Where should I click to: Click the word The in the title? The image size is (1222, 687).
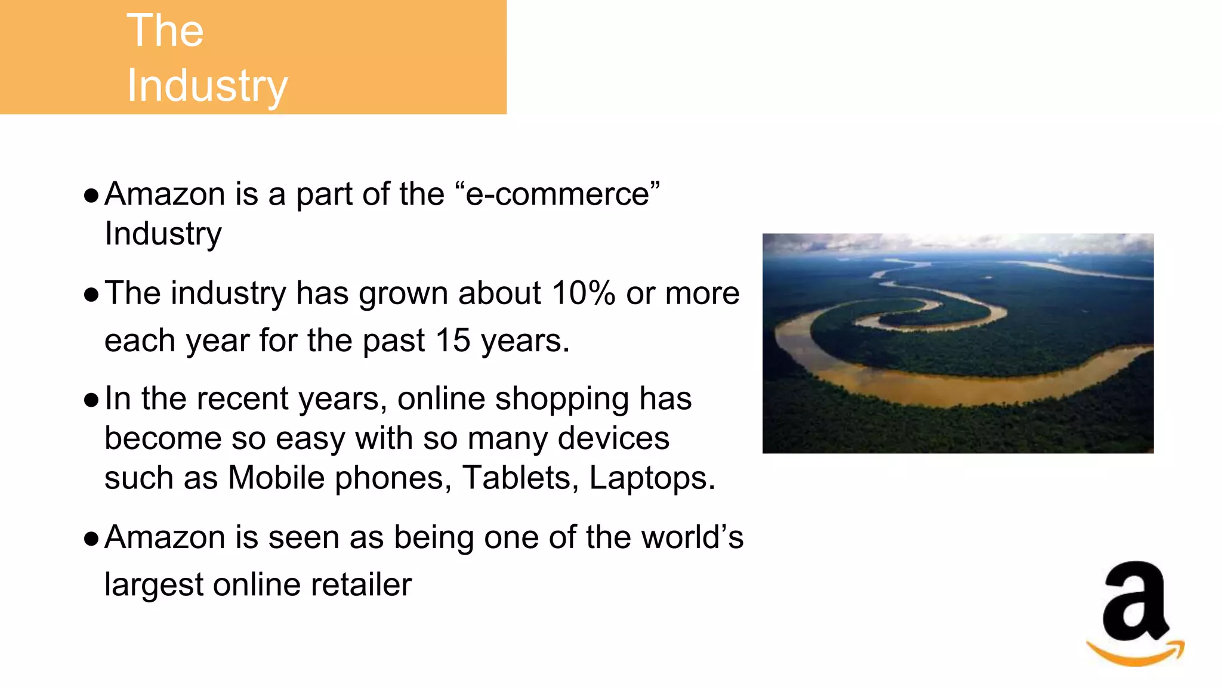(165, 30)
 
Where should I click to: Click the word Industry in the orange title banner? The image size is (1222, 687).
(207, 86)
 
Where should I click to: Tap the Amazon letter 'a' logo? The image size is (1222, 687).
(1134, 602)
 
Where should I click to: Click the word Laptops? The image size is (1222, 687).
(652, 478)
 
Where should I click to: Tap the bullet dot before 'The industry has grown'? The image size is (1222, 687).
(91, 295)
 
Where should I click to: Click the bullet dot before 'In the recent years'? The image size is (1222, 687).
(91, 400)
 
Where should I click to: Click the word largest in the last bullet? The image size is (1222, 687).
(154, 584)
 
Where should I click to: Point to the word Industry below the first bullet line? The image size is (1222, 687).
(163, 234)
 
